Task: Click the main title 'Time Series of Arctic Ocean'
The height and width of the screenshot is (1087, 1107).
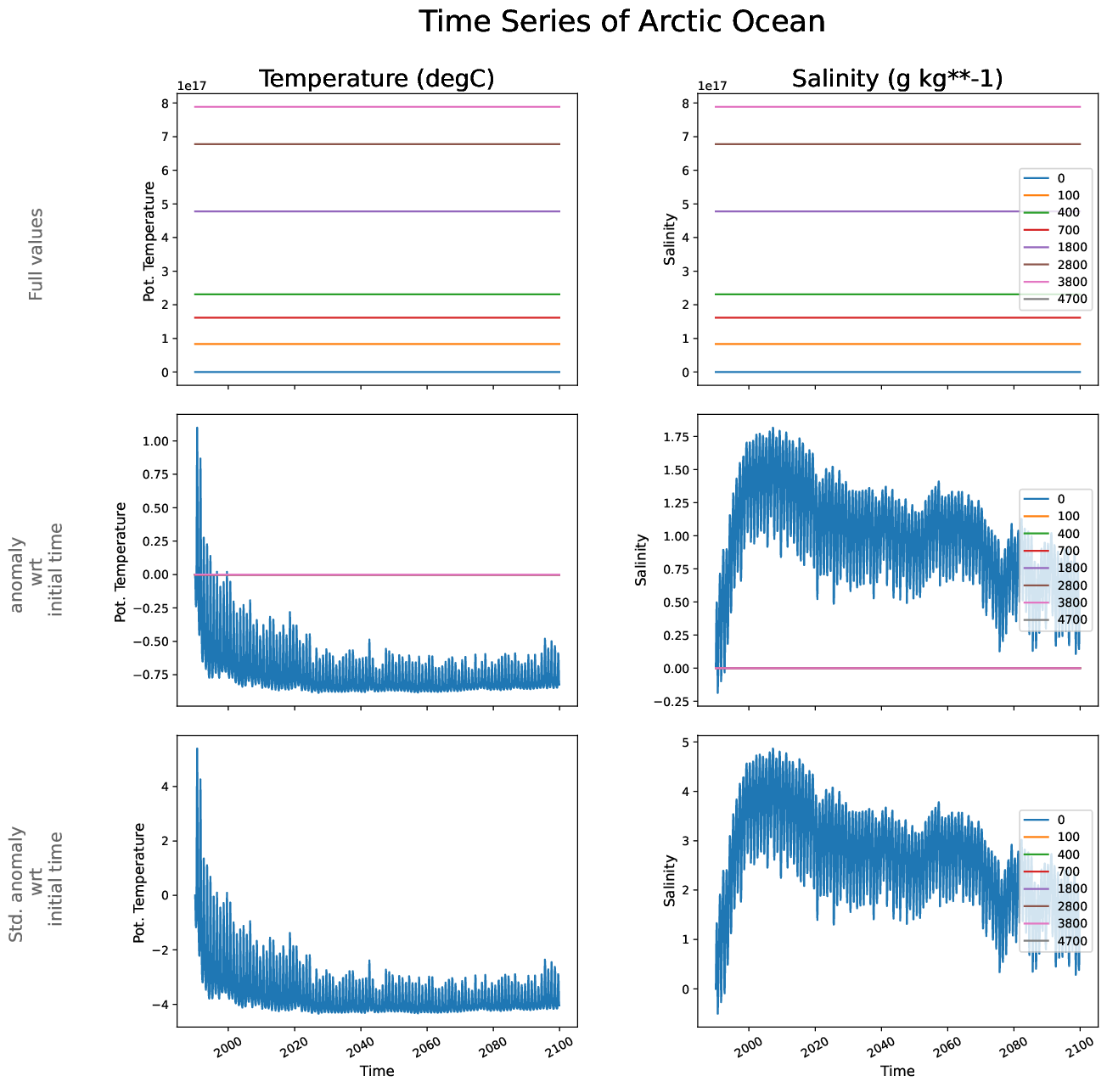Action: tap(621, 22)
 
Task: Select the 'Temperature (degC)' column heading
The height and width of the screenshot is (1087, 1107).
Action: tap(376, 79)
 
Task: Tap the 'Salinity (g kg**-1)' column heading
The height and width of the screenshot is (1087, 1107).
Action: tap(896, 79)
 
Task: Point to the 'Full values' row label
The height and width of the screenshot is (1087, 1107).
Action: tap(36, 255)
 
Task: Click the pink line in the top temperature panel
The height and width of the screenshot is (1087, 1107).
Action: tap(376, 107)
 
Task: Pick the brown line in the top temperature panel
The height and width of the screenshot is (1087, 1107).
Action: tap(376, 144)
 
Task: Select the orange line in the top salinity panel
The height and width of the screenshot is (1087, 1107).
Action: tap(849, 344)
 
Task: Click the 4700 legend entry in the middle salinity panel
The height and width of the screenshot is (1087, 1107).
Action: tap(1071, 619)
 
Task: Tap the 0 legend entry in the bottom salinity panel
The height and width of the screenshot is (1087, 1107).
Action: tap(1061, 820)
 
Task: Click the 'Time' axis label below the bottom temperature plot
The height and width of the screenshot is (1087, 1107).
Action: tap(377, 1071)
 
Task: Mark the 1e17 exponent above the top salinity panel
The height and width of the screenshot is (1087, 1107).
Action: tap(713, 86)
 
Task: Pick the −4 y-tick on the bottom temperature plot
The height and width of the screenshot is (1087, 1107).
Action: tap(163, 1005)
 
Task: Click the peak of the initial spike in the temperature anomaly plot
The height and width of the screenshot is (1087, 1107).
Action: tap(197, 428)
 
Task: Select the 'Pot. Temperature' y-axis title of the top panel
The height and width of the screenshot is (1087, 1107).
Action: tap(149, 242)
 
